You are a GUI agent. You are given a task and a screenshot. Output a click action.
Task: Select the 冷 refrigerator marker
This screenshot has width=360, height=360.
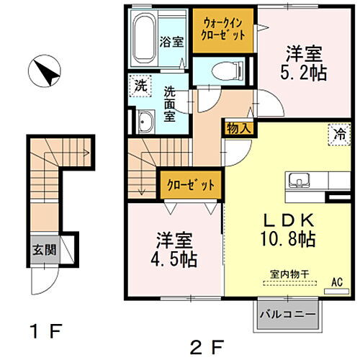click(x=337, y=134)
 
